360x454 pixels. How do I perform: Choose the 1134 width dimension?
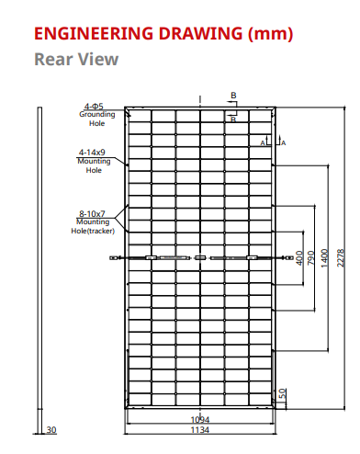pyautogui.click(x=199, y=429)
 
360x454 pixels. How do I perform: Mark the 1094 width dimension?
pyautogui.click(x=199, y=419)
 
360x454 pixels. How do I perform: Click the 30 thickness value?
pyautogui.click(x=51, y=429)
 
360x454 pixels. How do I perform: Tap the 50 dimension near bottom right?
pyautogui.click(x=283, y=392)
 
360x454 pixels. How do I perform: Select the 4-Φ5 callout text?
pyautogui.click(x=93, y=108)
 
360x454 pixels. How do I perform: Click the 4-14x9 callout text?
pyautogui.click(x=92, y=153)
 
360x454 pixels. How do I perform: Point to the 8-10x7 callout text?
pyautogui.click(x=92, y=213)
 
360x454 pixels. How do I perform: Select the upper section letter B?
pyautogui.click(x=234, y=96)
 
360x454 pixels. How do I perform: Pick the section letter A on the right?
pyautogui.click(x=284, y=142)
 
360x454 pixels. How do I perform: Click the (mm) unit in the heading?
pyautogui.click(x=271, y=35)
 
